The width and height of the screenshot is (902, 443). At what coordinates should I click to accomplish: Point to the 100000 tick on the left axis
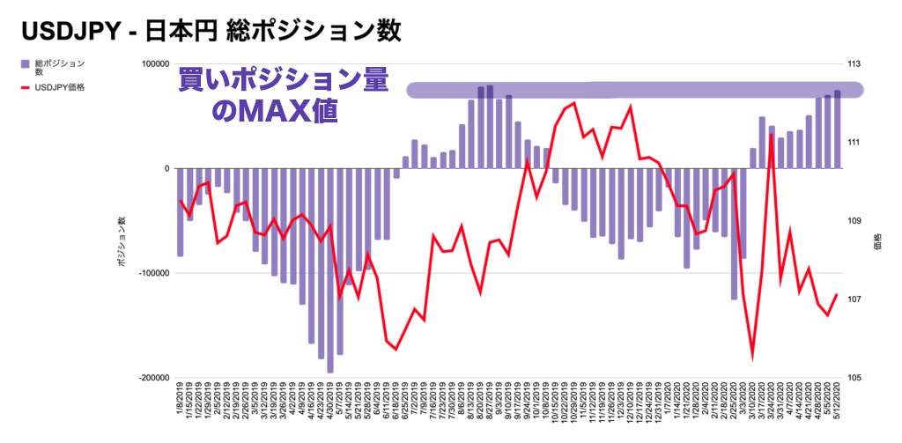coord(155,64)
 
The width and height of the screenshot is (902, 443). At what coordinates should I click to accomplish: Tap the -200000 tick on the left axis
coord(153,378)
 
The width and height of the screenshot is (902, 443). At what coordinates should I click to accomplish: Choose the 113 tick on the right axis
coord(854,64)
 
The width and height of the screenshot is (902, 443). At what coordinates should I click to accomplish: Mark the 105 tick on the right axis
coord(854,378)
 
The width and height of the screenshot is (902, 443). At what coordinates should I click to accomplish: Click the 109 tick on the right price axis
coord(854,221)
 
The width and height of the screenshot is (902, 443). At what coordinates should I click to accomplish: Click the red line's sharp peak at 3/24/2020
coord(772,135)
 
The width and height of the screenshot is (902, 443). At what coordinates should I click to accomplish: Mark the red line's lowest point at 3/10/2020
coord(753,358)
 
